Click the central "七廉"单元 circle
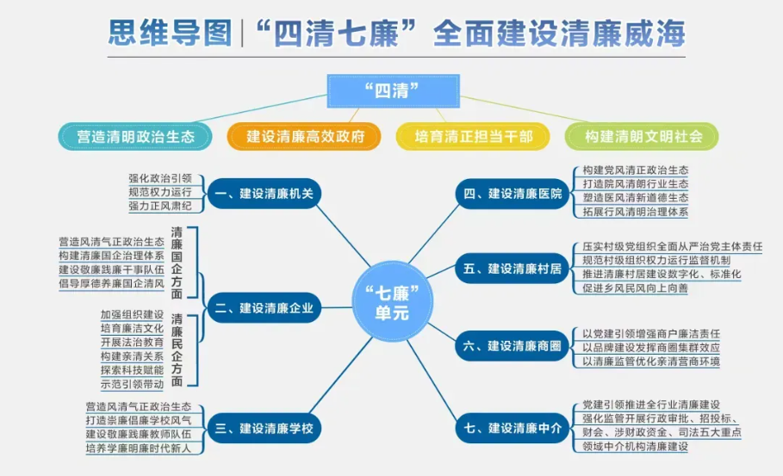tap(392, 302)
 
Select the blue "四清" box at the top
tap(393, 90)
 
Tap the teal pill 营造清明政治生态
tap(135, 136)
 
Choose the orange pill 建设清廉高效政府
tap(304, 136)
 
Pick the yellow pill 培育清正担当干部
tap(473, 136)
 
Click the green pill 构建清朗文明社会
tap(642, 136)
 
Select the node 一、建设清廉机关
tap(264, 194)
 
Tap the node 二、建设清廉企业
tap(264, 308)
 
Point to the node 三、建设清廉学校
tap(264, 428)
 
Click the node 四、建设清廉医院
tap(513, 194)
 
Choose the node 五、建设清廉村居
tap(513, 269)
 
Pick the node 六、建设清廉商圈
tap(513, 346)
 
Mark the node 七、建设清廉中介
tap(513, 428)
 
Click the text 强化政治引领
tap(160, 178)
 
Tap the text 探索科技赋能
tap(132, 370)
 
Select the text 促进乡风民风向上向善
tap(635, 287)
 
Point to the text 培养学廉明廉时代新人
tap(139, 448)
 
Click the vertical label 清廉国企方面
tap(177, 263)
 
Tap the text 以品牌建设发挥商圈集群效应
tap(651, 347)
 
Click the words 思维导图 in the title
tap(171, 34)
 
